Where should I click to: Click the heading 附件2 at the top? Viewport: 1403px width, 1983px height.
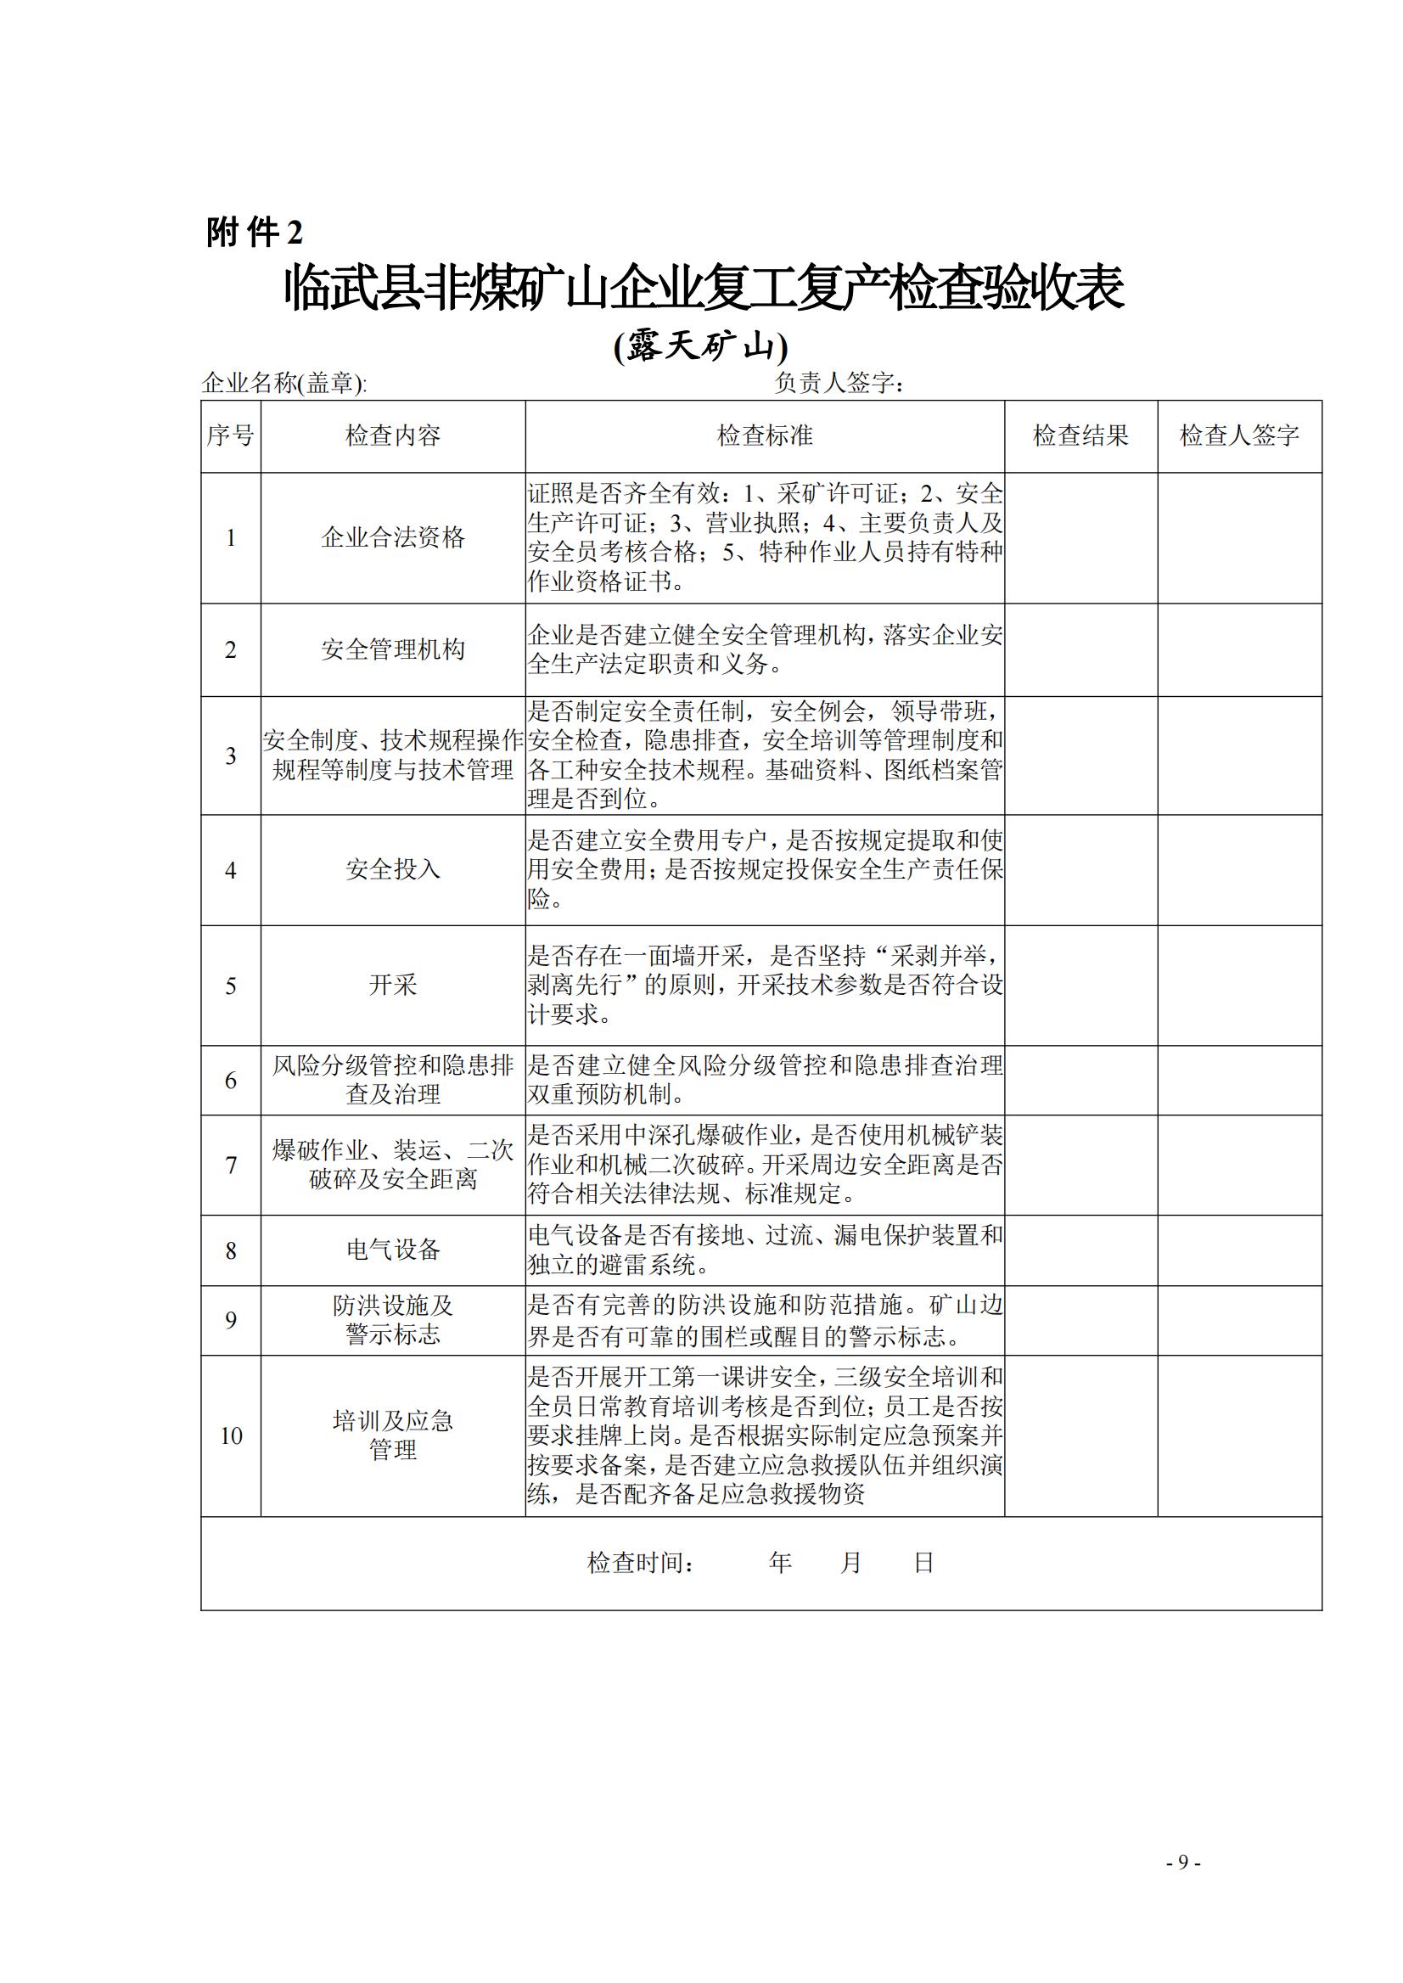click(x=255, y=233)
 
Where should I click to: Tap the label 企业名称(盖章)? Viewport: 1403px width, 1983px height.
click(x=284, y=383)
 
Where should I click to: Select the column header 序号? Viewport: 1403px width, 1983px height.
click(x=231, y=435)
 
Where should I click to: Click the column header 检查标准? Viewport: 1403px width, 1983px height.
click(x=765, y=435)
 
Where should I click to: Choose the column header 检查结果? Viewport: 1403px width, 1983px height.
click(x=1080, y=435)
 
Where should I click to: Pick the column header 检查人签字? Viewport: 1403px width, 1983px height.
click(x=1240, y=435)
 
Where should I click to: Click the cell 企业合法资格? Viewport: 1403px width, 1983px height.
click(x=393, y=537)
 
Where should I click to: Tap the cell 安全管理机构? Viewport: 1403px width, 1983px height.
click(x=393, y=649)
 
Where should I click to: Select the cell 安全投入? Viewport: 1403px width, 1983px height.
click(x=393, y=869)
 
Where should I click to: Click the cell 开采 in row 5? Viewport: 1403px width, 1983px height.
click(x=393, y=985)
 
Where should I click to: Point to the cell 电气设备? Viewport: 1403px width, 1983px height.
click(x=393, y=1250)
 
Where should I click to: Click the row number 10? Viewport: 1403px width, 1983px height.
click(x=231, y=1435)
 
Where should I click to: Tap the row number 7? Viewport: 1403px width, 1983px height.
click(x=231, y=1165)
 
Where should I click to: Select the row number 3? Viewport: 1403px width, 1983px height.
click(x=231, y=756)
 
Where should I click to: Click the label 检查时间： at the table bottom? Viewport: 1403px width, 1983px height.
click(x=641, y=1562)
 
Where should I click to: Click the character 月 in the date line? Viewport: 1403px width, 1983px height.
click(x=851, y=1562)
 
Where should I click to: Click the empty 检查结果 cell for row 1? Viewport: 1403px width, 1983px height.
click(x=1080, y=537)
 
